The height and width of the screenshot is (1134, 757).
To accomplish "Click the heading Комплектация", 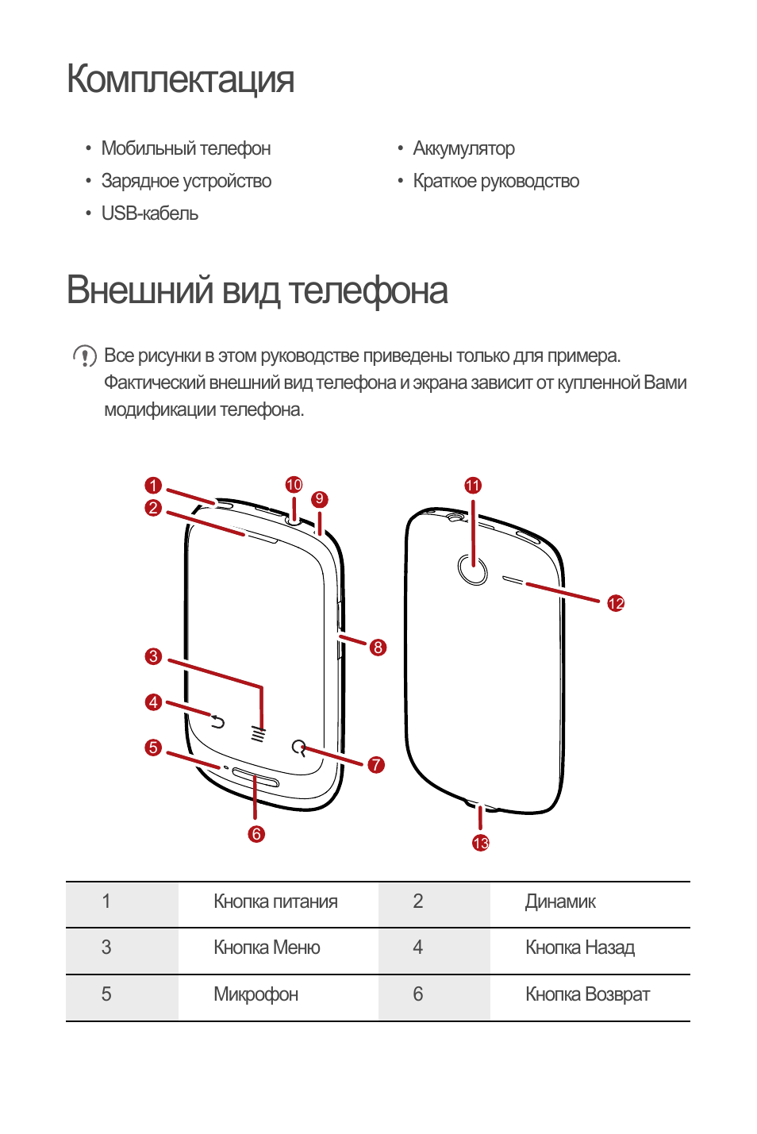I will click(180, 79).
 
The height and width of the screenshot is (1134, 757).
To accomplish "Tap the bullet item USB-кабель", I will click(149, 213).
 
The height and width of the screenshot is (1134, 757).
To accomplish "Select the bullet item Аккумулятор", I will click(463, 148).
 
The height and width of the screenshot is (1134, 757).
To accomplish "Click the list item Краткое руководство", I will click(496, 181).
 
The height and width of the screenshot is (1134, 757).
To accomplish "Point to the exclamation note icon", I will click(85, 356).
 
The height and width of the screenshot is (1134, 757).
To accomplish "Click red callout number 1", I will click(153, 485).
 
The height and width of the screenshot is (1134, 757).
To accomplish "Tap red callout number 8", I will click(378, 648).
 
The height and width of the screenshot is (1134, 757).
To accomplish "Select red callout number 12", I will click(616, 603).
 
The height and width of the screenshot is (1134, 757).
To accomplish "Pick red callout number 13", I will click(481, 843).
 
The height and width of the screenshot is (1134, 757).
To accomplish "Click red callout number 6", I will click(256, 834).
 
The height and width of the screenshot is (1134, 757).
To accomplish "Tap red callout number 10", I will click(294, 485).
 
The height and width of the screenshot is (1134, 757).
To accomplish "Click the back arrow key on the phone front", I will click(217, 721).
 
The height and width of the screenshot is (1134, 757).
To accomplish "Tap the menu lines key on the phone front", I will click(258, 733).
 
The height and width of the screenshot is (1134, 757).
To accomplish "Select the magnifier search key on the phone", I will click(298, 748).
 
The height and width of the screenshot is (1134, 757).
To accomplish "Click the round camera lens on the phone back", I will click(473, 569).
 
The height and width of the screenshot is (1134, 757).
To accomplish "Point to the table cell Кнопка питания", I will click(275, 902).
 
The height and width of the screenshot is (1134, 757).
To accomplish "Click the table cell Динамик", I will click(560, 902).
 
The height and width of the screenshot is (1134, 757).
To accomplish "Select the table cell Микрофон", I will click(256, 995).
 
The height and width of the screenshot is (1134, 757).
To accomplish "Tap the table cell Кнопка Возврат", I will click(587, 995).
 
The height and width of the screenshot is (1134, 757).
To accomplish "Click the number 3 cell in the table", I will click(106, 948).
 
